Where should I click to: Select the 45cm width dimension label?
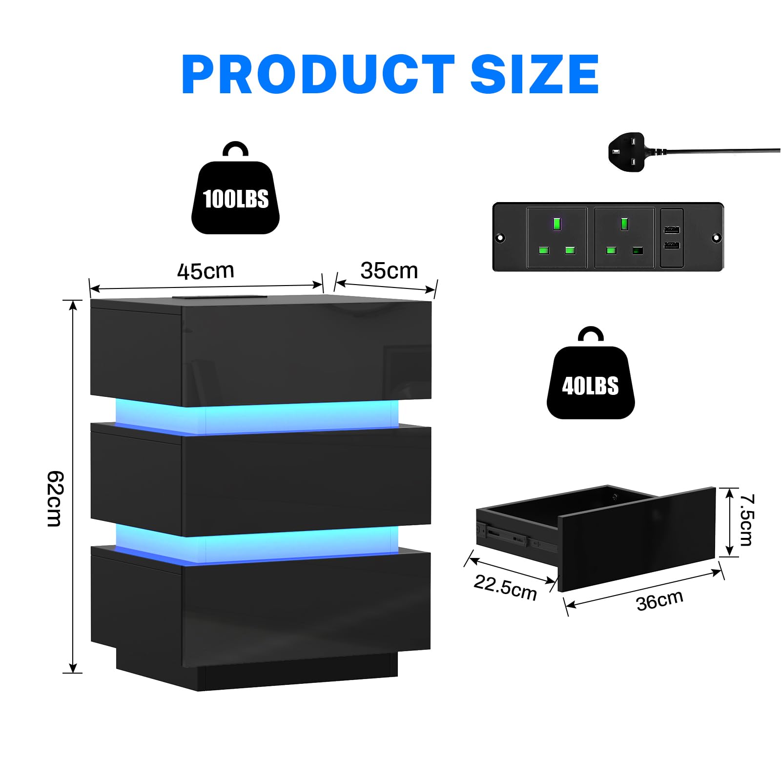(206, 271)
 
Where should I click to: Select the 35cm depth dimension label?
(389, 271)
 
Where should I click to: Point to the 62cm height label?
(55, 498)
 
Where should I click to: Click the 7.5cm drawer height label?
(747, 519)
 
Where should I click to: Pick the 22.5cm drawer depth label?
(505, 587)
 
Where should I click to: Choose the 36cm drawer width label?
(659, 601)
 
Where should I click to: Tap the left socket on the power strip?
(556, 238)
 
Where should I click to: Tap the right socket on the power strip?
(624, 238)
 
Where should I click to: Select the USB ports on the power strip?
(672, 238)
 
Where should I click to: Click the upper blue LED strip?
(257, 416)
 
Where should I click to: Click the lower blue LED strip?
(257, 543)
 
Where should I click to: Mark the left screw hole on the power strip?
(500, 238)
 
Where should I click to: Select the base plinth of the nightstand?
(257, 669)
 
